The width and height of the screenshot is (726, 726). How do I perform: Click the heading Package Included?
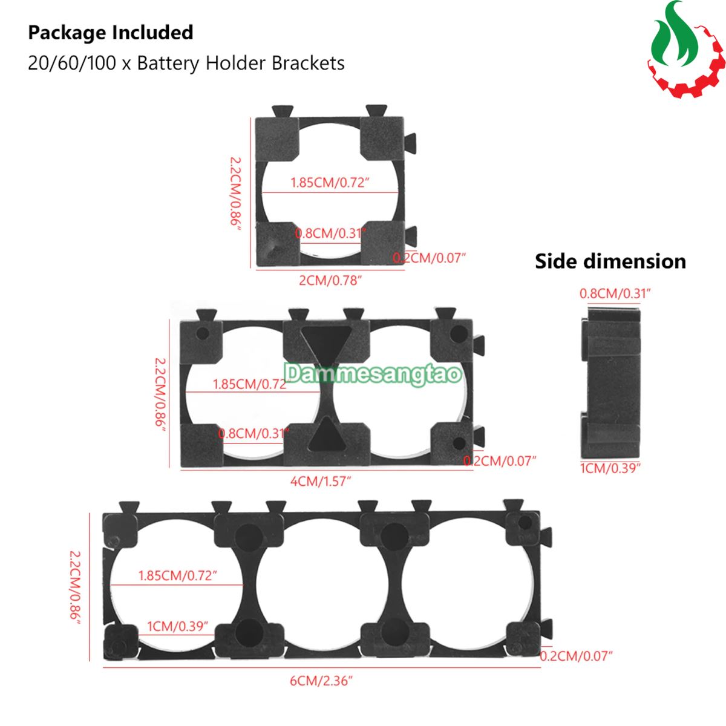[111, 33]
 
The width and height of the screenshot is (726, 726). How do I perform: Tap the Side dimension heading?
[610, 261]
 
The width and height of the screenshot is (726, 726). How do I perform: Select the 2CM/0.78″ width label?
[330, 280]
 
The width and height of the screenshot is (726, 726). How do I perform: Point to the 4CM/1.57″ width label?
[321, 482]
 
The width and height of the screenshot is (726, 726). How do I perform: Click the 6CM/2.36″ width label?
[321, 681]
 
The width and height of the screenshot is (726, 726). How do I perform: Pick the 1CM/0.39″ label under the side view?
[610, 468]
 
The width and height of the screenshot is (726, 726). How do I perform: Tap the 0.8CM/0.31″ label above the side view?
[615, 293]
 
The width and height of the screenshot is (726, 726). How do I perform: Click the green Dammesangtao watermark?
[373, 373]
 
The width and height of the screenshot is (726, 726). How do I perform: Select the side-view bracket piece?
[610, 381]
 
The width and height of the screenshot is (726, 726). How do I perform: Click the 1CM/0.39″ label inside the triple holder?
[177, 626]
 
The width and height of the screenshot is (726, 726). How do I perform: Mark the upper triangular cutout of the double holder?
[326, 342]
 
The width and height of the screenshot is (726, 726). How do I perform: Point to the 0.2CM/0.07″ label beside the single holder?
[430, 258]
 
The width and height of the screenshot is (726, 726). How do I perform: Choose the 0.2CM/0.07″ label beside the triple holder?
[576, 656]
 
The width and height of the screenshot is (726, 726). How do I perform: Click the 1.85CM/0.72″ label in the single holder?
[330, 183]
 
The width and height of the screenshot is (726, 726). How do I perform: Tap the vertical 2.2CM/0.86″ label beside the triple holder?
[75, 587]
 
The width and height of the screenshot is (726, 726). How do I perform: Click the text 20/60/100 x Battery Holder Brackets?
[186, 63]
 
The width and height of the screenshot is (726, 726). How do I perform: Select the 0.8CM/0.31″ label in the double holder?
[253, 433]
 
